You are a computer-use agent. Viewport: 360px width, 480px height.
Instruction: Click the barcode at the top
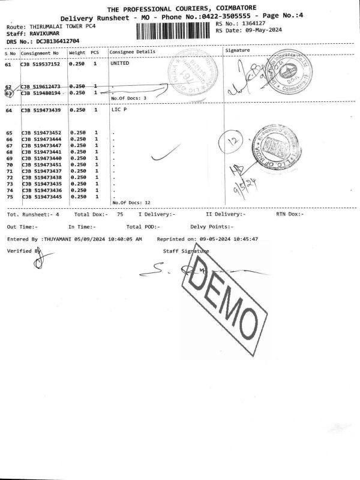point(174,31)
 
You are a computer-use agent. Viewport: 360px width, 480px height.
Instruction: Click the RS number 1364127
point(250,23)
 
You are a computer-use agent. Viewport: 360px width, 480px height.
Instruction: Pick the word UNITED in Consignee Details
point(121,63)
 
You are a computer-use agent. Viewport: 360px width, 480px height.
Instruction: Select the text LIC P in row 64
point(119,110)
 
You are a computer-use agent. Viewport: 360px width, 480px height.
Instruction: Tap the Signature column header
point(237,51)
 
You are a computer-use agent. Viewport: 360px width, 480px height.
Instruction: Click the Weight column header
point(77,53)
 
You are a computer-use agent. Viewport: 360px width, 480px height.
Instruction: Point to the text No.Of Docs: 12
point(131,202)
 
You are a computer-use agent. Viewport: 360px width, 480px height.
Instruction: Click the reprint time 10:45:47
point(245,239)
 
